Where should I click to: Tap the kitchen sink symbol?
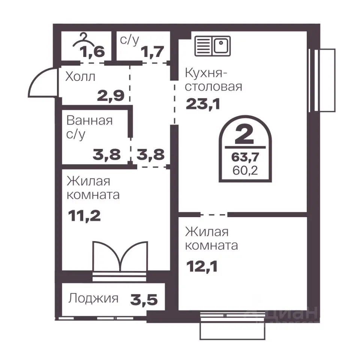tap(213, 46)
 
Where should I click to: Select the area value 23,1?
tap(203, 104)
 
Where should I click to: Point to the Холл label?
tap(80, 76)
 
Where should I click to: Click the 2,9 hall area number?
tap(111, 96)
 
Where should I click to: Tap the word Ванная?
tap(90, 120)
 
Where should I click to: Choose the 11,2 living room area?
tap(84, 216)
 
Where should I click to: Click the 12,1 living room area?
tap(202, 267)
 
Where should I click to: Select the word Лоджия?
tap(93, 298)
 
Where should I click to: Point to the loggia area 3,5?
tap(144, 299)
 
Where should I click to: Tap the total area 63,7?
tap(245, 157)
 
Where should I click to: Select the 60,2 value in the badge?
tap(245, 170)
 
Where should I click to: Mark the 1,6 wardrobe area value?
tap(92, 52)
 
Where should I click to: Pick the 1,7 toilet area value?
tap(153, 52)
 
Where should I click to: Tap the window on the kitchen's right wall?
tap(322, 80)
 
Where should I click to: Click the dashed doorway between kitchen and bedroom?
tap(214, 215)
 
